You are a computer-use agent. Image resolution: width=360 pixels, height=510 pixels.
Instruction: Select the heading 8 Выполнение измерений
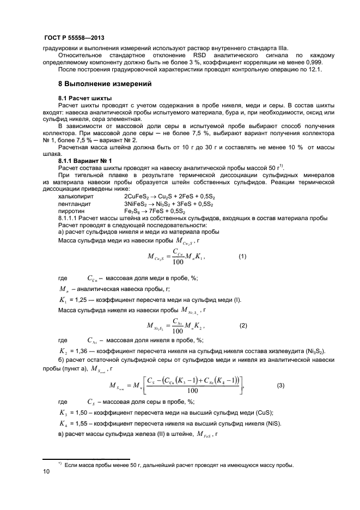click(104, 84)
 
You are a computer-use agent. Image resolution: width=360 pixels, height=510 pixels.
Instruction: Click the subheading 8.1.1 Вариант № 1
click(84, 161)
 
